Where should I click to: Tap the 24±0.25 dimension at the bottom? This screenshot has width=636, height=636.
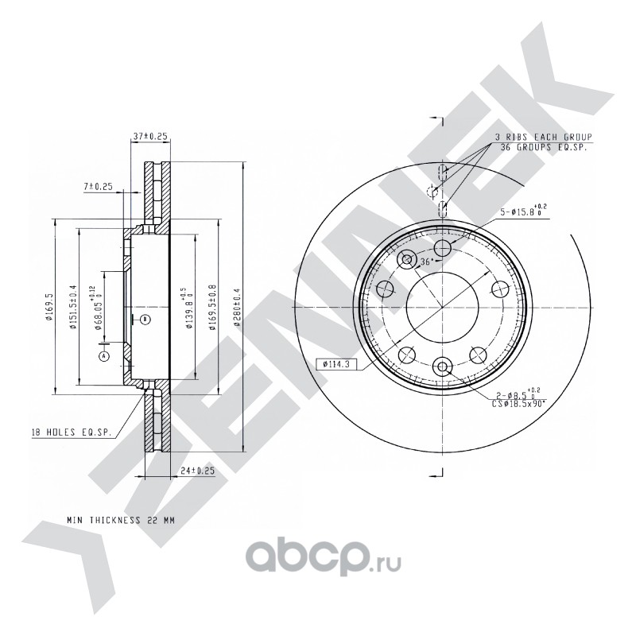tap(198, 471)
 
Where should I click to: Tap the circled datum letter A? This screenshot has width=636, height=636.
tap(103, 357)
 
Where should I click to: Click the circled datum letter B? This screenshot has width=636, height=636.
tap(145, 319)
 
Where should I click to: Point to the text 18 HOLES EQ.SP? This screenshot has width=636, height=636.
tap(64, 432)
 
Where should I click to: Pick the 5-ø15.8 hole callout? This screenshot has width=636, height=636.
tap(522, 211)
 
